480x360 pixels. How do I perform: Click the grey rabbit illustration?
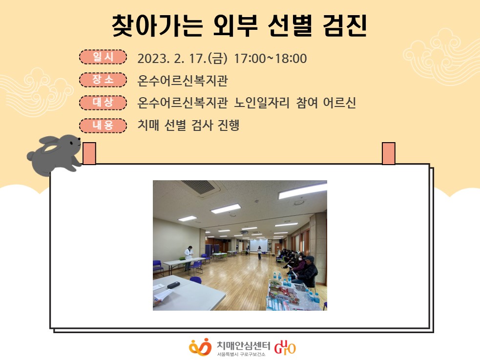tap(55, 155)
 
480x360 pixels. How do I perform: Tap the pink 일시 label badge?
tap(103, 57)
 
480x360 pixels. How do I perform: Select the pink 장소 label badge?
tap(103, 80)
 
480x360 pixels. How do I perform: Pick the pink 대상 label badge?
tap(103, 103)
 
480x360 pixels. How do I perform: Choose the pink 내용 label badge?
tap(103, 126)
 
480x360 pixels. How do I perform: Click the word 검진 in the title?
tap(345, 26)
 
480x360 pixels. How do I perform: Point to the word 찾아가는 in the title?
tap(157, 26)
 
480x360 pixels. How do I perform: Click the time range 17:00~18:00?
tap(271, 58)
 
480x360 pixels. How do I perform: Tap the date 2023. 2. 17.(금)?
tap(183, 58)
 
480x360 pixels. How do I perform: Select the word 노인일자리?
tap(262, 103)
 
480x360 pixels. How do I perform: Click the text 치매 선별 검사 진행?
tap(188, 125)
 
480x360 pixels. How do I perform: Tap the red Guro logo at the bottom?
tap(285, 347)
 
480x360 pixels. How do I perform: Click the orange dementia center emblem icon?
tap(200, 347)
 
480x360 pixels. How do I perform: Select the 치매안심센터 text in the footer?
tap(243, 346)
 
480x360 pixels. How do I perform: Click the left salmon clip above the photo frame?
tap(89, 153)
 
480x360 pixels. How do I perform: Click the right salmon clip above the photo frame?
tap(389, 153)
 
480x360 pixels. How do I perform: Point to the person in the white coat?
tap(188, 257)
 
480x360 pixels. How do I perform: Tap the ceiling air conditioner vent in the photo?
tap(199, 187)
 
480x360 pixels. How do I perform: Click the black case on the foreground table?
tap(175, 285)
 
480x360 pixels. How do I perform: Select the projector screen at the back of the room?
tap(259, 245)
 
